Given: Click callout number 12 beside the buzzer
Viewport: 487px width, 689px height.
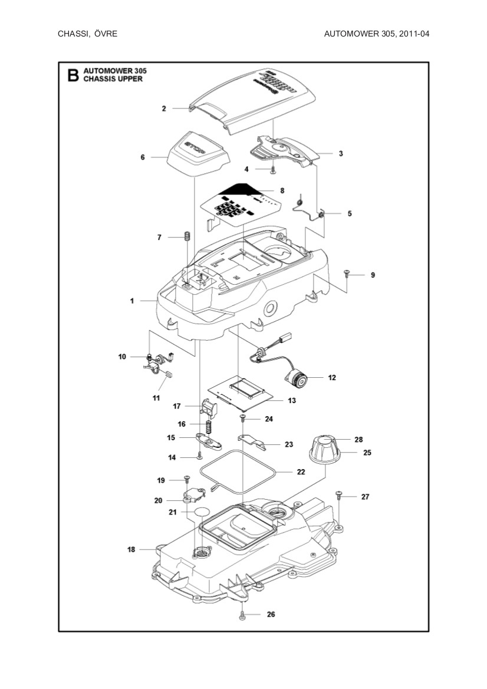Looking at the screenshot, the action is [x=332, y=377].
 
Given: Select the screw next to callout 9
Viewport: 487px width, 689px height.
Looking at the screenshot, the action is [x=347, y=273].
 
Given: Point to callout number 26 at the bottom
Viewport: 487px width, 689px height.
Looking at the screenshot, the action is [x=271, y=614].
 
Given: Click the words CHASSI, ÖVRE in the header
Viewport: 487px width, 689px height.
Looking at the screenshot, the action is [x=87, y=34].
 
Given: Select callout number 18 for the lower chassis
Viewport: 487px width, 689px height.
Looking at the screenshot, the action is [x=131, y=549].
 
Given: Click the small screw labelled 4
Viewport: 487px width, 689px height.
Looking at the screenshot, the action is [x=273, y=170].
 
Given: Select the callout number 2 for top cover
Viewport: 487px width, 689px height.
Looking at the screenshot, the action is [x=164, y=108].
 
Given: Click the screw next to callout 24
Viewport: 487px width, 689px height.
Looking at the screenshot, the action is [x=242, y=418].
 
